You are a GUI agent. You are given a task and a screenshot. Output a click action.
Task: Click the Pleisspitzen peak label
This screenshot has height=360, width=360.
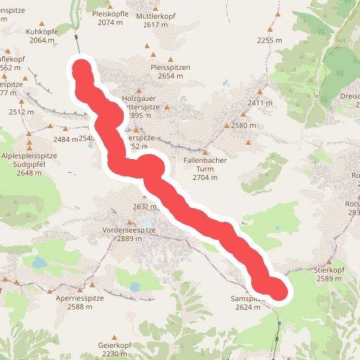170,67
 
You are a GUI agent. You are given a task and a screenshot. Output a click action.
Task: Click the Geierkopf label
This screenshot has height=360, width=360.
115,345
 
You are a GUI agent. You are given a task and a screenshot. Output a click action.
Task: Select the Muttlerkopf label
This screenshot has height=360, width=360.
170,15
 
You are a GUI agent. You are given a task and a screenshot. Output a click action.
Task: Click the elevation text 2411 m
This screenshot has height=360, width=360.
260,103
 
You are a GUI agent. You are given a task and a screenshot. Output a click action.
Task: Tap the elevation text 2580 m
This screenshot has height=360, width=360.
243,126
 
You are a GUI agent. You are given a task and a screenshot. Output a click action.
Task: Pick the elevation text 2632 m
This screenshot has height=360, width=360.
145,207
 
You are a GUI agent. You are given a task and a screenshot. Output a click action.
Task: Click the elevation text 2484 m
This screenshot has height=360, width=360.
65,139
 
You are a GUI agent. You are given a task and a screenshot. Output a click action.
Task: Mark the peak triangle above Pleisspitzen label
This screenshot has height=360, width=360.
171,59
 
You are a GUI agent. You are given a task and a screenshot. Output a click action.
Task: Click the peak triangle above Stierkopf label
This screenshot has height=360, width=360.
331,262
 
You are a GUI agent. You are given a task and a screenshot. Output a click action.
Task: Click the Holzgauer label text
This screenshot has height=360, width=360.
138,98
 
